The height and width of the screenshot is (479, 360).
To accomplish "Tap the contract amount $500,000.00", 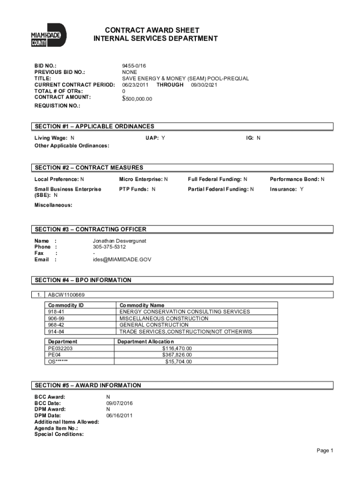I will (137, 99).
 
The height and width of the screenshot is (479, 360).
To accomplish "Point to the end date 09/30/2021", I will (204, 85).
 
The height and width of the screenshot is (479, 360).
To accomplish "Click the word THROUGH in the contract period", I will (170, 85).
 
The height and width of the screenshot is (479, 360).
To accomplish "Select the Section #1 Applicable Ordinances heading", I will (94, 126).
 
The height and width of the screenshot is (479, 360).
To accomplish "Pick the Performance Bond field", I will (296, 179).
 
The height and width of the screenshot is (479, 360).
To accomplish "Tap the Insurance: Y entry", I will (287, 189).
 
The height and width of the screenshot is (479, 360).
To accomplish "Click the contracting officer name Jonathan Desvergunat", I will (119, 240).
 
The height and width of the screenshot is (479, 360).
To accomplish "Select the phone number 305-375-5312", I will (109, 247).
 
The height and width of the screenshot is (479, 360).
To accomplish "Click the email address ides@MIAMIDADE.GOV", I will (122, 260).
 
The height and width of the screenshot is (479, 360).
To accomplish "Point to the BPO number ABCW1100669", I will (66, 295).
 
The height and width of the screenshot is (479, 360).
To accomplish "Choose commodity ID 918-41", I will (56, 312).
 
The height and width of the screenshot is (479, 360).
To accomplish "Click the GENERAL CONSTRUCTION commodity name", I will (154, 325).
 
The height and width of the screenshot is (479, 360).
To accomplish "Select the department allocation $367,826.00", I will (177, 355).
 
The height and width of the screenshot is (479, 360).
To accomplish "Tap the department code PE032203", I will (60, 348).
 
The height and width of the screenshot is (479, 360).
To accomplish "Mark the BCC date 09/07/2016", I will (119, 403).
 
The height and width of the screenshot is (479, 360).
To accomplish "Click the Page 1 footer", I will (324, 450).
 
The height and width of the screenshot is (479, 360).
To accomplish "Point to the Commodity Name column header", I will (142, 305).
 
